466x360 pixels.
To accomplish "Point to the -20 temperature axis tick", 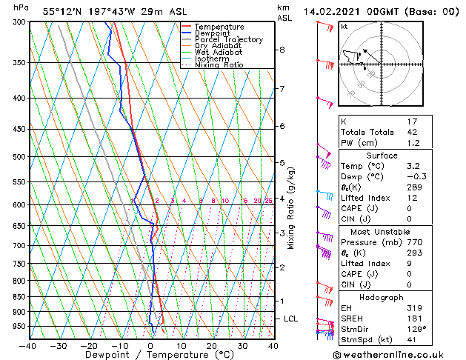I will pyautogui.click(x=89, y=345).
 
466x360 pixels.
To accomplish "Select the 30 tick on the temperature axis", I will pyautogui.click(x=242, y=345).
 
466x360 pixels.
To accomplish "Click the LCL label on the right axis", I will pyautogui.click(x=291, y=319).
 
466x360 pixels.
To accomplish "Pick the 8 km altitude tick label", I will pyautogui.click(x=282, y=50).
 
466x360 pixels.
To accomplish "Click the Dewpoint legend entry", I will pyautogui.click(x=212, y=33).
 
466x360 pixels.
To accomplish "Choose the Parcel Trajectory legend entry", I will pyautogui.click(x=228, y=40).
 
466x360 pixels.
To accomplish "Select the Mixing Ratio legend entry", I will pyautogui.click(x=219, y=65).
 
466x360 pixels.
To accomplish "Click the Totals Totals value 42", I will pyautogui.click(x=412, y=132).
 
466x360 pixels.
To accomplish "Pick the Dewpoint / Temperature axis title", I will pyautogui.click(x=150, y=355).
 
